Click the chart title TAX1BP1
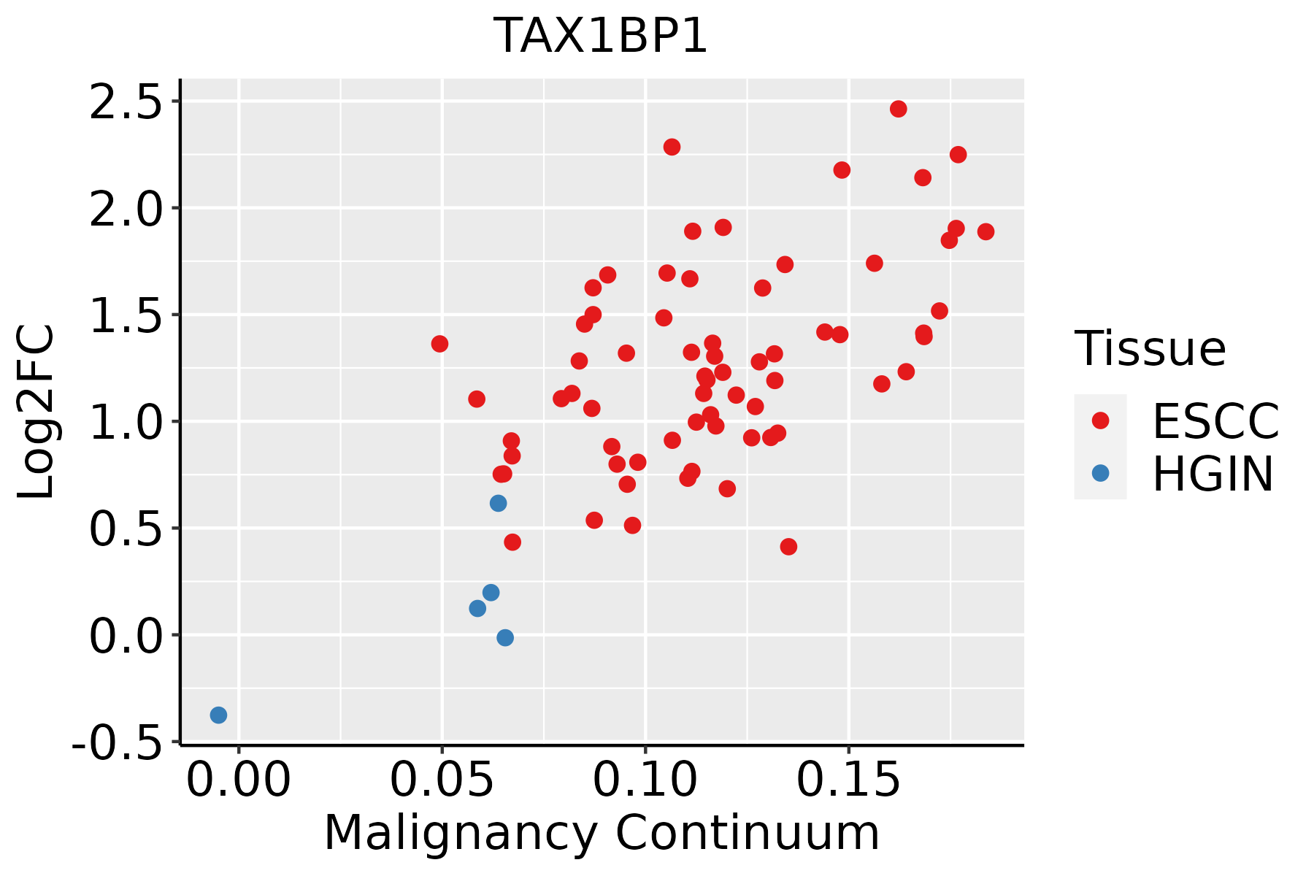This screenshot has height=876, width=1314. pos(601,36)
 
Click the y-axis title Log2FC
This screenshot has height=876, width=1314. pos(36,412)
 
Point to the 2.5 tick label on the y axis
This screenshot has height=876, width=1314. pos(125,101)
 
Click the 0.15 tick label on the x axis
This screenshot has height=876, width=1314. pos(848,780)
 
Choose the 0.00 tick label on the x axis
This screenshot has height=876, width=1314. pos(239,780)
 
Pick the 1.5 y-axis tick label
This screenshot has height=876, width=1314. pos(125,315)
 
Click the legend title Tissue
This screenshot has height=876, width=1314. pos(1150,349)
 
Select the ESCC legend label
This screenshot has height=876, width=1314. pos(1215,422)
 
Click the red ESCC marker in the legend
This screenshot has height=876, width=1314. pos(1100,420)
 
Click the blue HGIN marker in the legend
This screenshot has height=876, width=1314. pos(1100,473)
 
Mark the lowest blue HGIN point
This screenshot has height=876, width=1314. pos(218,715)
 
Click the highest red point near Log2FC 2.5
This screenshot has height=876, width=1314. pos(899,109)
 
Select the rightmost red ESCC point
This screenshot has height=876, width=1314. pos(985,232)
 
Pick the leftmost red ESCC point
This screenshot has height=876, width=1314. pos(439,344)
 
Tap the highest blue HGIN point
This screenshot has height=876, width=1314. pos(499,503)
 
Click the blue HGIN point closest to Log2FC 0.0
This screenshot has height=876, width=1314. pos(505,638)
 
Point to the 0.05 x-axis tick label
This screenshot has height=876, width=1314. pos(442,780)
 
